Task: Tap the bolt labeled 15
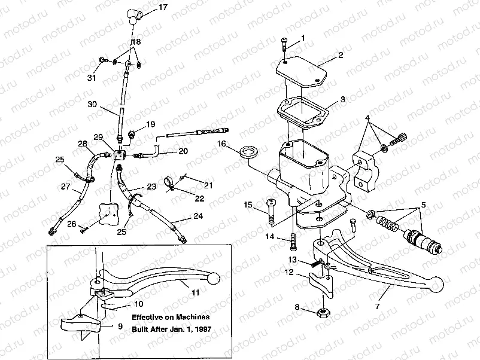(271, 212)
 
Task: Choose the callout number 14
(270, 237)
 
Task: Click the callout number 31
(92, 78)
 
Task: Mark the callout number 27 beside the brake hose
(65, 187)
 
